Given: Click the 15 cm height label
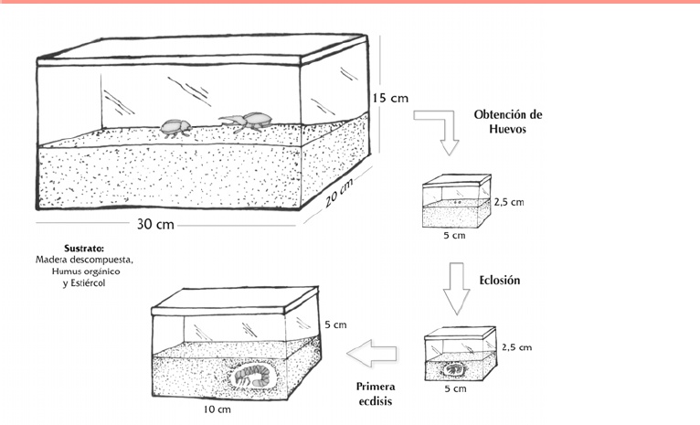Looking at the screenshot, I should (390, 98).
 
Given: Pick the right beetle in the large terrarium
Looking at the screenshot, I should (247, 120).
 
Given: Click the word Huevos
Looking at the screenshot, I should (508, 131).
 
